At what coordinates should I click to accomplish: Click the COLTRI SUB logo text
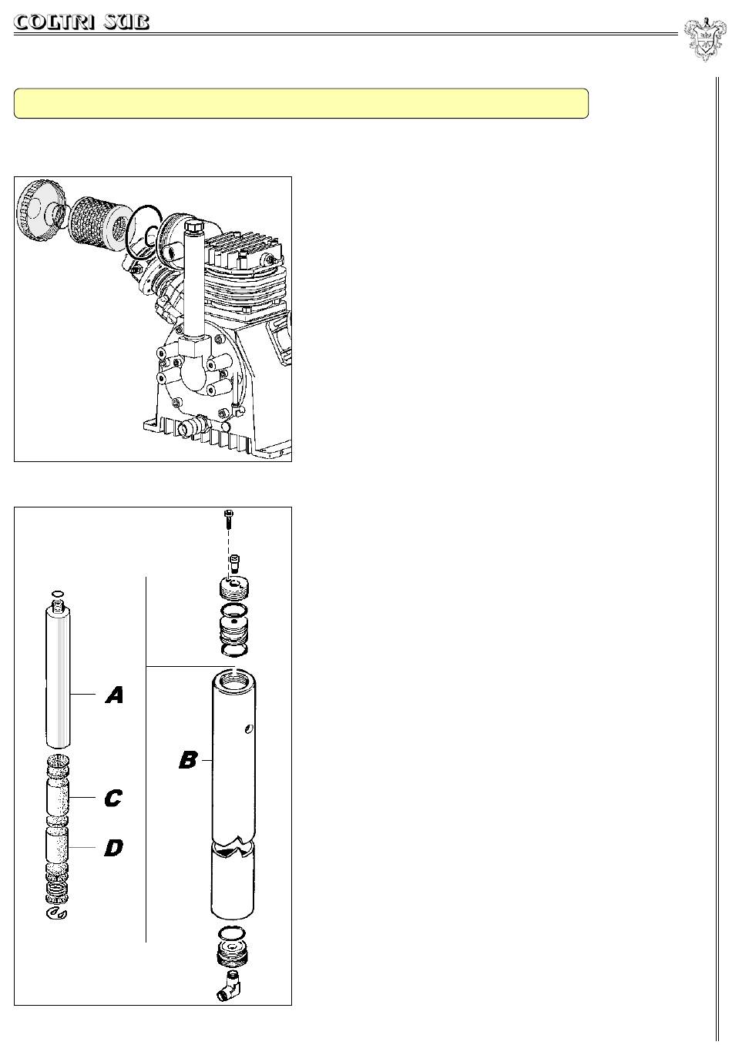[82, 22]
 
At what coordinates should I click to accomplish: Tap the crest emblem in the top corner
[704, 39]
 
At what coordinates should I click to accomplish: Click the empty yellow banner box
[301, 103]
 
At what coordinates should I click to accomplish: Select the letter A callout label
[114, 695]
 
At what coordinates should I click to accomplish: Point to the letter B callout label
[188, 760]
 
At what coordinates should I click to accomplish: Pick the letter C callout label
[113, 798]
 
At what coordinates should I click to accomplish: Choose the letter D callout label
[113, 848]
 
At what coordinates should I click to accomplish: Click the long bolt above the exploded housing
[229, 520]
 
